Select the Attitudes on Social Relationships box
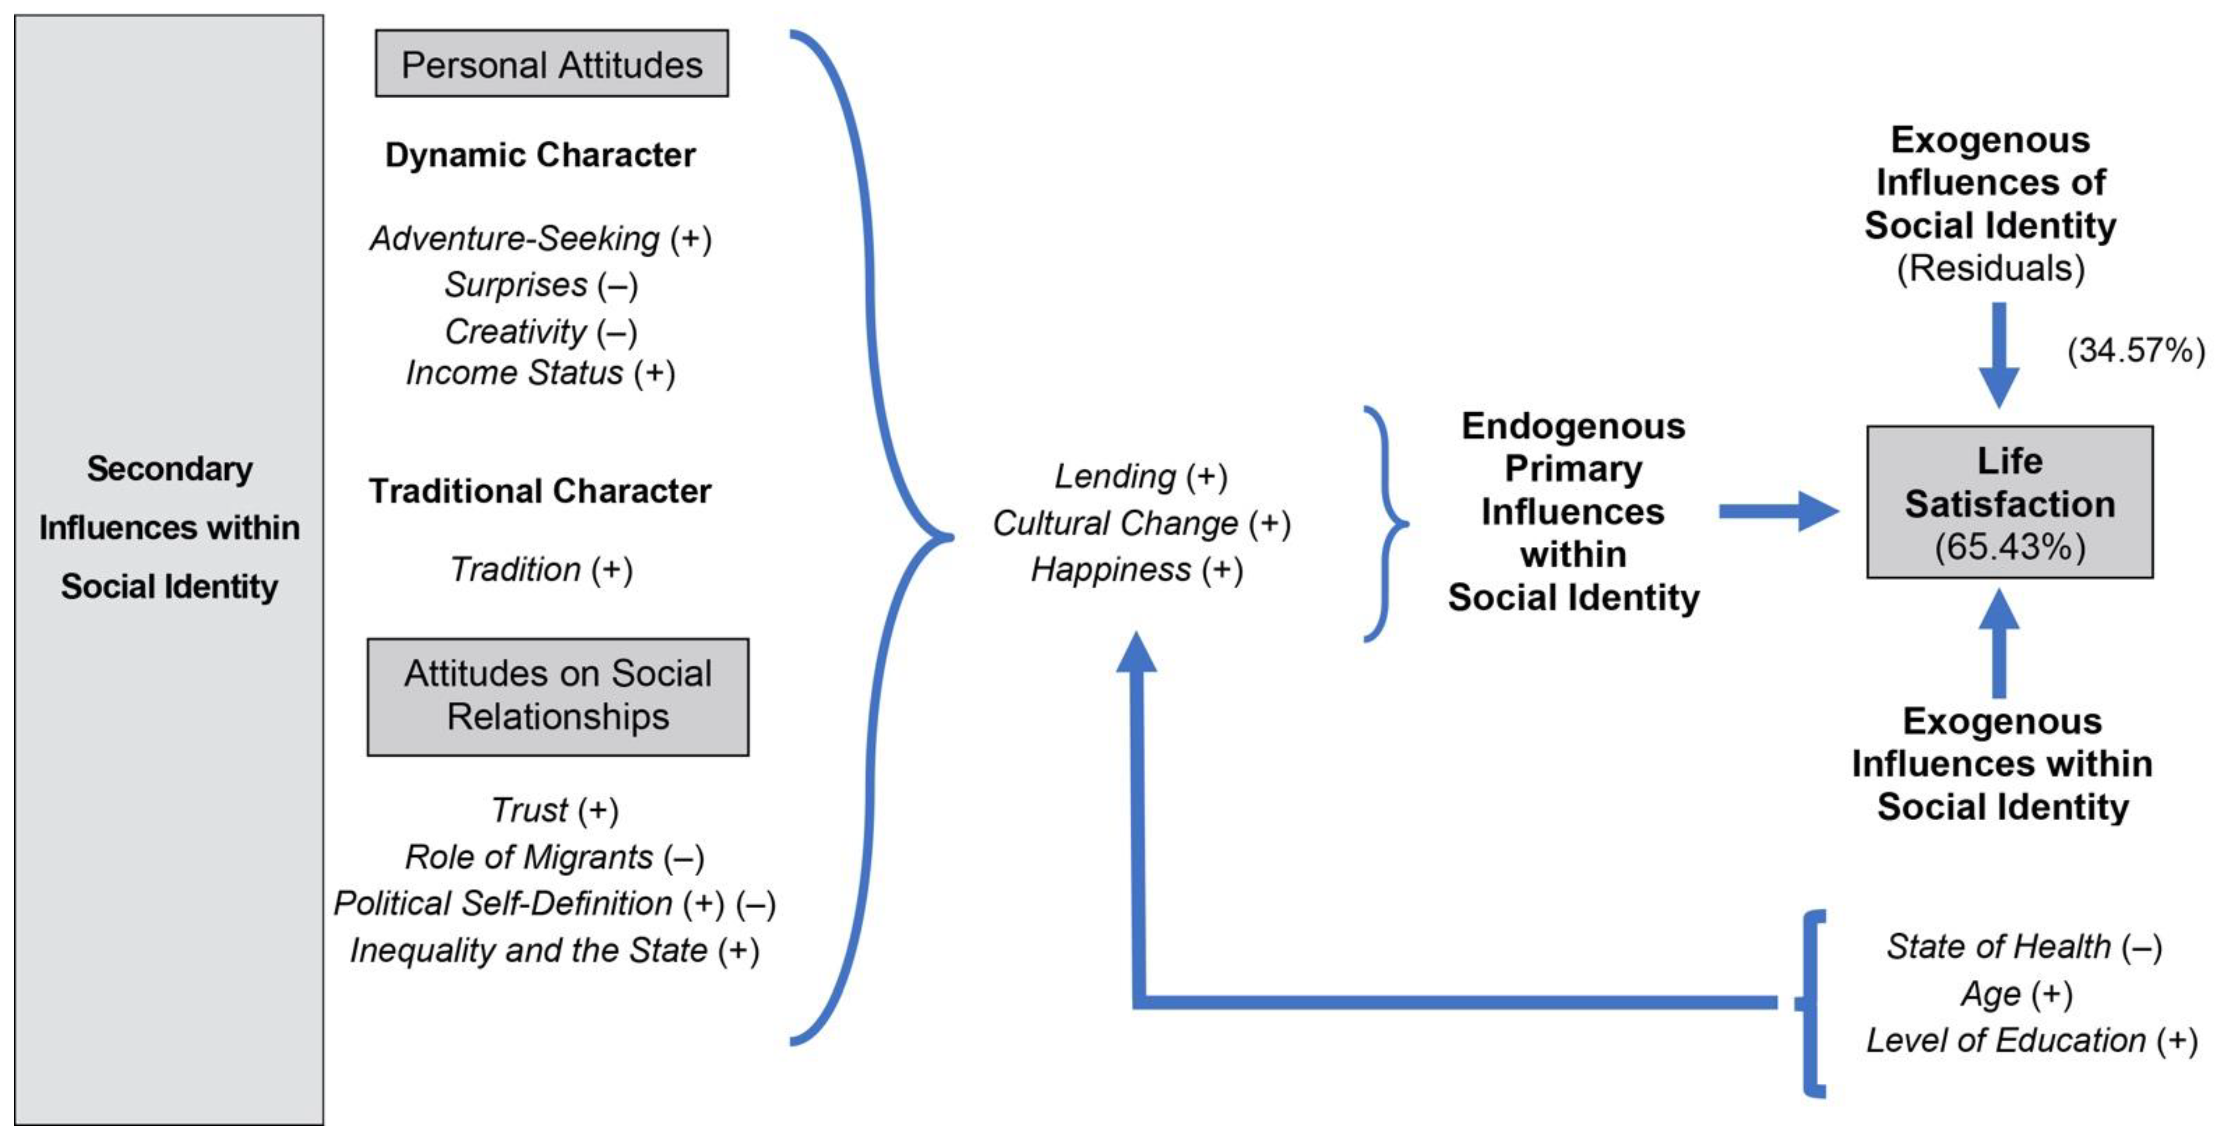pyautogui.click(x=557, y=696)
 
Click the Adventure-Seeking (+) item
pyautogui.click(x=541, y=238)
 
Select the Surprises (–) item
pyautogui.click(x=541, y=285)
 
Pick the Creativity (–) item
pyautogui.click(x=541, y=331)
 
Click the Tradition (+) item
pyautogui.click(x=541, y=569)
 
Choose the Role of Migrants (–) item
pyautogui.click(x=554, y=857)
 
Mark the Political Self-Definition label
pyautogui.click(x=503, y=904)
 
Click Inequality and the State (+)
pyautogui.click(x=554, y=951)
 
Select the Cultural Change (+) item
pyautogui.click(x=1141, y=523)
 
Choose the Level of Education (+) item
pyautogui.click(x=2031, y=1040)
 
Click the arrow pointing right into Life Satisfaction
pyautogui.click(x=1777, y=512)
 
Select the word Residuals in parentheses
pyautogui.click(x=1991, y=269)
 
